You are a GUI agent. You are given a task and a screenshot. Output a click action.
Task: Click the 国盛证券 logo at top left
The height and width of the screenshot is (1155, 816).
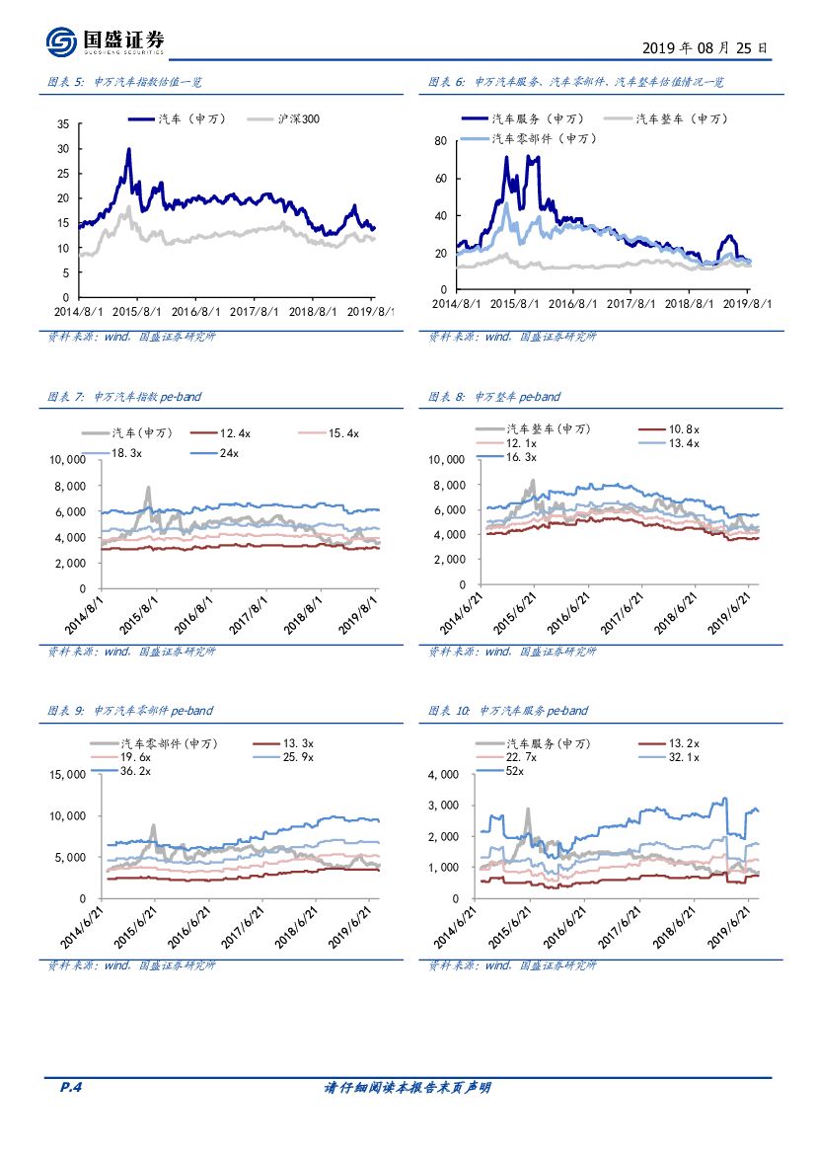click(x=105, y=41)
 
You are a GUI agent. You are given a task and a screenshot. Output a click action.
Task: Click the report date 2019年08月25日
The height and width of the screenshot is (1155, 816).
click(x=704, y=47)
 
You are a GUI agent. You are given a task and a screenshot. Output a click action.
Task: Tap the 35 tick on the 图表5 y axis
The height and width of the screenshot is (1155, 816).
click(x=62, y=124)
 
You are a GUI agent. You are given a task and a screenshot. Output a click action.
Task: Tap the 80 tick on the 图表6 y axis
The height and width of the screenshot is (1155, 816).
click(x=441, y=141)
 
